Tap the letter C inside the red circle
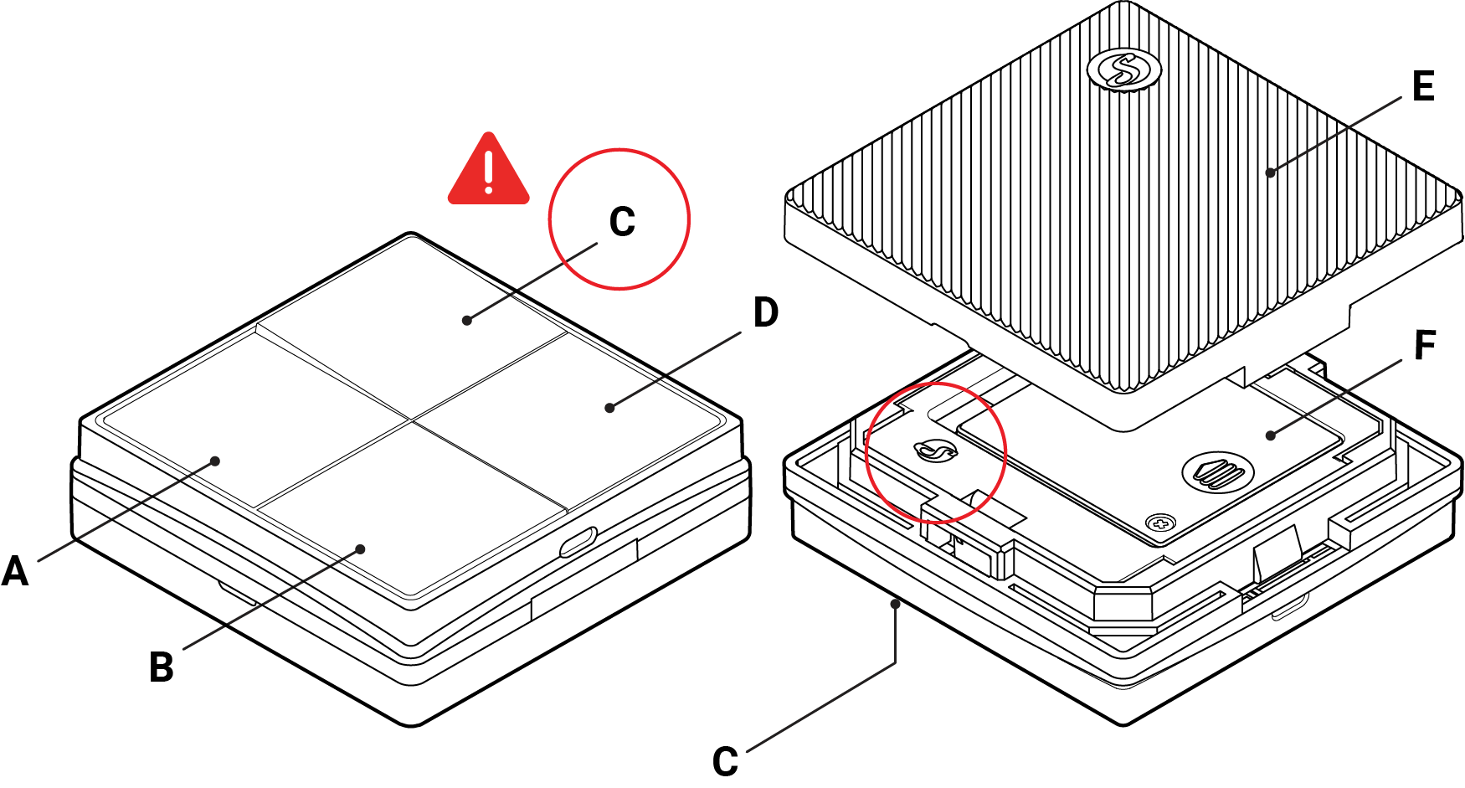point(622,222)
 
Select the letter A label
point(15,572)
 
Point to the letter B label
point(162,667)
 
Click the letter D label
point(765,312)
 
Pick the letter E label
point(1423,86)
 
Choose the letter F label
point(1425,345)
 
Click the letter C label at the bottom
point(725,761)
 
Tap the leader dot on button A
point(215,461)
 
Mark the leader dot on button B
point(361,549)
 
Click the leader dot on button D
point(609,408)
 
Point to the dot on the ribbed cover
point(1270,173)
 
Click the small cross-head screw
point(1160,523)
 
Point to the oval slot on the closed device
point(578,542)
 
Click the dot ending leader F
point(1270,435)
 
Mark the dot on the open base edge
point(896,603)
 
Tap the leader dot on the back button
point(467,320)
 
